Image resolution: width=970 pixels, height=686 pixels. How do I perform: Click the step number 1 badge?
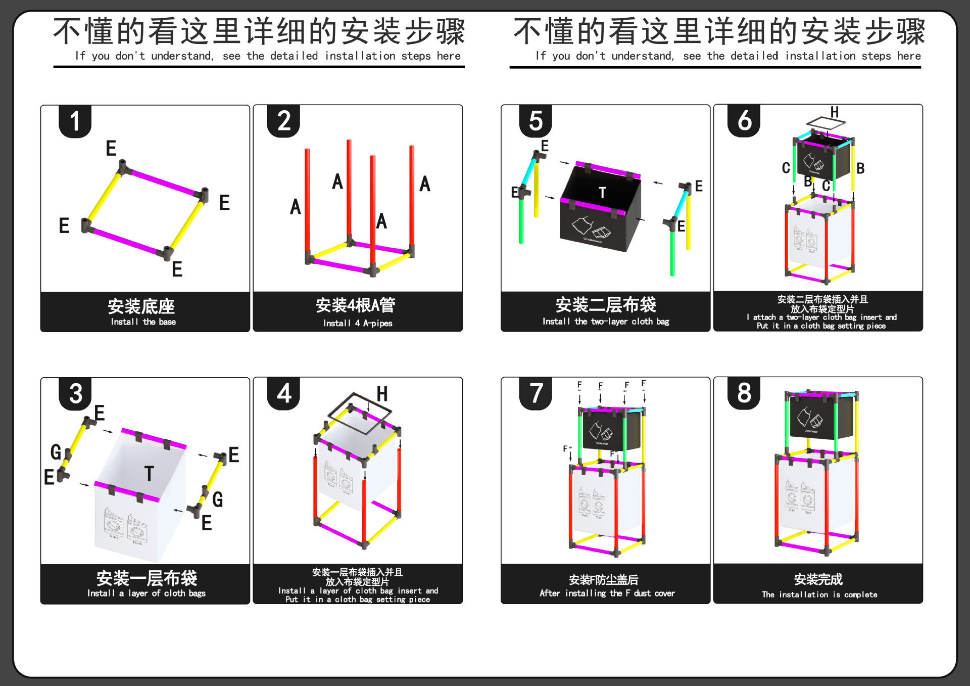pyautogui.click(x=75, y=121)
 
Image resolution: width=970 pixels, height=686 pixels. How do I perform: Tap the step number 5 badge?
pyautogui.click(x=536, y=121)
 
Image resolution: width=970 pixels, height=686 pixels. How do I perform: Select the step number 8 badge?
pyautogui.click(x=744, y=393)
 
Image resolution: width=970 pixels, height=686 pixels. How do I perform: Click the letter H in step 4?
pyautogui.click(x=382, y=394)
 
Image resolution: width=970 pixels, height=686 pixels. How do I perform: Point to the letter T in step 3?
pyautogui.click(x=149, y=474)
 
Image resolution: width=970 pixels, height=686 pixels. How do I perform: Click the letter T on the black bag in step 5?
pyautogui.click(x=602, y=193)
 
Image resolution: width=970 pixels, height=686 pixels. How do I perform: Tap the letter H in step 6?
pyautogui.click(x=835, y=112)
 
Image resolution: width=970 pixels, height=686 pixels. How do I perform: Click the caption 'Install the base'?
pyautogui.click(x=143, y=322)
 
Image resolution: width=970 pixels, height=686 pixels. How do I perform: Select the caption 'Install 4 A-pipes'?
pyautogui.click(x=358, y=323)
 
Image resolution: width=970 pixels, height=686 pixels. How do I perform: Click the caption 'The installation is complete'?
pyautogui.click(x=819, y=594)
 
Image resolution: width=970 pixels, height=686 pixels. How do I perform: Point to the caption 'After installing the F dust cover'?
pyautogui.click(x=607, y=593)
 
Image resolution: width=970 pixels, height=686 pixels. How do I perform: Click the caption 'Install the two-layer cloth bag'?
pyautogui.click(x=606, y=322)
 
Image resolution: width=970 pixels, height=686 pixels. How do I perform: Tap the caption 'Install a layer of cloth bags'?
pyautogui.click(x=146, y=593)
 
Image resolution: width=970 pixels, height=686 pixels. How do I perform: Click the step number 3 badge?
pyautogui.click(x=75, y=393)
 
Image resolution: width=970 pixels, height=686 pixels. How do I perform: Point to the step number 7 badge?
pyautogui.click(x=536, y=393)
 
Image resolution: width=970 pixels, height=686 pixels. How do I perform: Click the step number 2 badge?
pyautogui.click(x=283, y=121)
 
